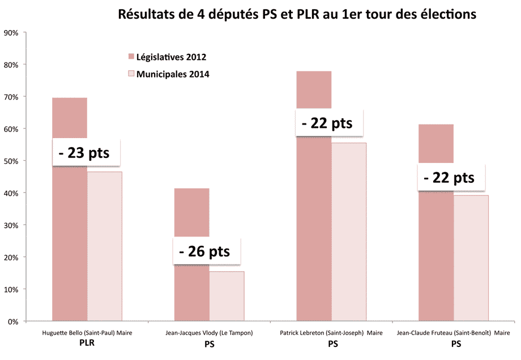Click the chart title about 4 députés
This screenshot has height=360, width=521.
point(297,15)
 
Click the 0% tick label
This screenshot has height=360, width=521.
point(14,322)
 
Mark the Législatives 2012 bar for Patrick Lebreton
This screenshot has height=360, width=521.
point(314,226)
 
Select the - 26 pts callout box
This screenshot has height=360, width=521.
point(206,251)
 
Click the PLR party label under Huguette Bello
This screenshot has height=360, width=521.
point(87,343)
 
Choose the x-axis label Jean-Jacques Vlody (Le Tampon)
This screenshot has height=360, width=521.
point(210,333)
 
